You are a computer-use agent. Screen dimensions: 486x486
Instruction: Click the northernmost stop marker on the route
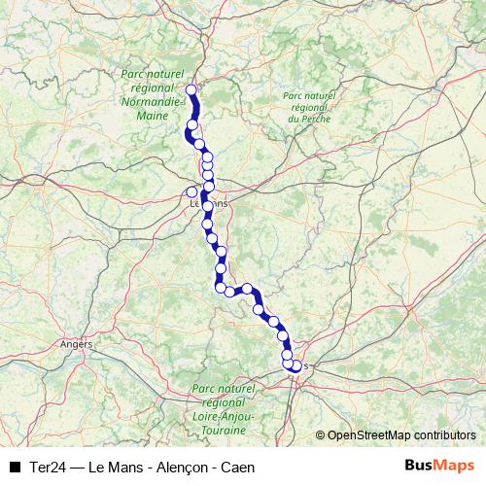[x=191, y=90]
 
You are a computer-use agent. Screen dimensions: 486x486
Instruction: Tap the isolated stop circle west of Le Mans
[x=191, y=191]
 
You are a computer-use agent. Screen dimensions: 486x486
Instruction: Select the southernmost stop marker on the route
[x=295, y=366]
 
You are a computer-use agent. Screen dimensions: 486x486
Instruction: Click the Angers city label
[x=76, y=344]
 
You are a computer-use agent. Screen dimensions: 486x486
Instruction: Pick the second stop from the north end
[x=192, y=124]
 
